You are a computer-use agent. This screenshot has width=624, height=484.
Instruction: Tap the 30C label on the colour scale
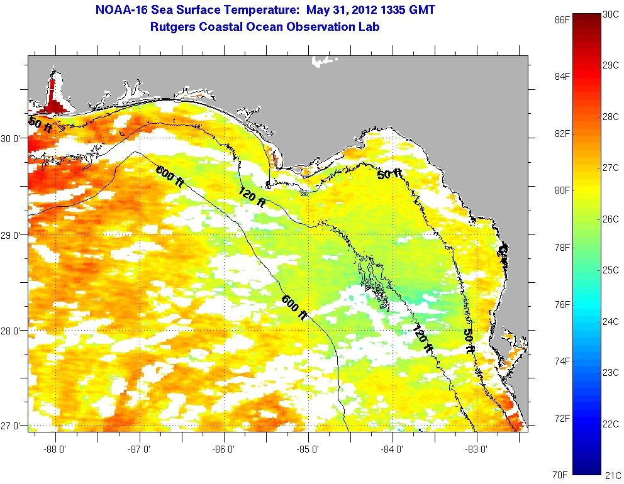611,14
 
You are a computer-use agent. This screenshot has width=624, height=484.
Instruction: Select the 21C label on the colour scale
611,475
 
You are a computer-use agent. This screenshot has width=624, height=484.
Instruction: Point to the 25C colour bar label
611,270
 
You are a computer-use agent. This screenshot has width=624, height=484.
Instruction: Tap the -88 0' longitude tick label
56,449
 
